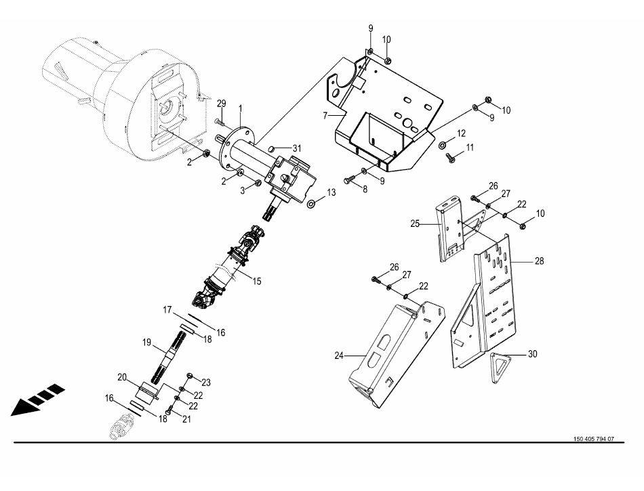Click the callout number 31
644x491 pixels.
click(296, 148)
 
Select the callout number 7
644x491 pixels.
click(325, 116)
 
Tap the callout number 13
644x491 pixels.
click(331, 192)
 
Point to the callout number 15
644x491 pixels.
click(257, 281)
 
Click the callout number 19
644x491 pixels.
click(146, 342)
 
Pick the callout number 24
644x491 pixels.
click(339, 356)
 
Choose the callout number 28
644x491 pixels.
click(540, 261)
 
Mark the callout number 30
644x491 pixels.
click(532, 354)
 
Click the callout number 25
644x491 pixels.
click(416, 223)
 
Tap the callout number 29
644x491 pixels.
click(222, 103)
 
